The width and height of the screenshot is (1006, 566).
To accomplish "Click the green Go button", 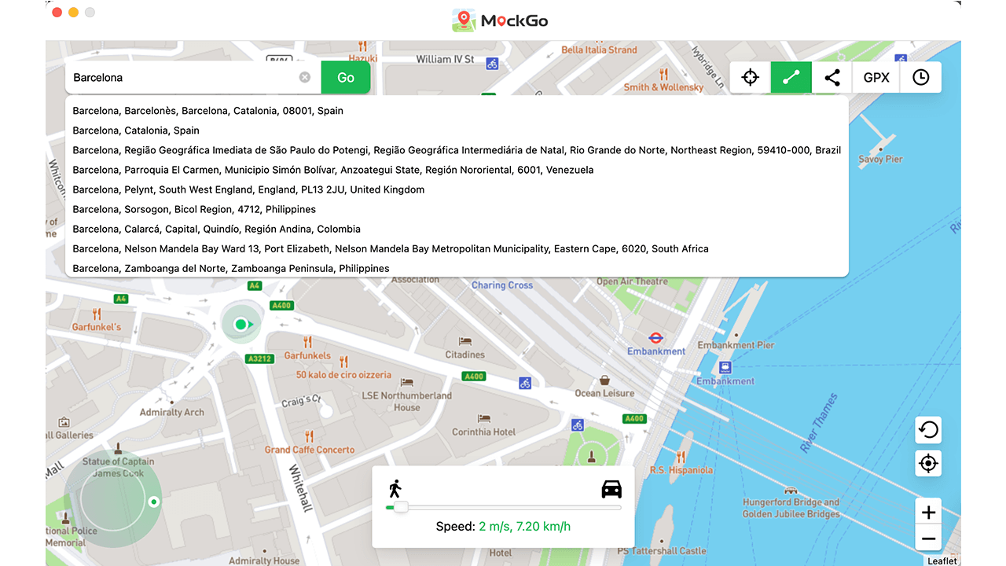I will [x=346, y=78].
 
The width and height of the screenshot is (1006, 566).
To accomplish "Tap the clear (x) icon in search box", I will [x=305, y=78].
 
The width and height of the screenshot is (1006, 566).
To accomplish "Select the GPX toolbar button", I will [x=876, y=78].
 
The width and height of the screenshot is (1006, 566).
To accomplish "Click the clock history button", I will [x=920, y=78].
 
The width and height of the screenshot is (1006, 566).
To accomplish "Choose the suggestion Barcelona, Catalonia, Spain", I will [x=136, y=130].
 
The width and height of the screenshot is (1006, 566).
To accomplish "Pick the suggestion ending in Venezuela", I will [x=333, y=170].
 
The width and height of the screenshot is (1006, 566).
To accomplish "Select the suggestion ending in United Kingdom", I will [x=248, y=189].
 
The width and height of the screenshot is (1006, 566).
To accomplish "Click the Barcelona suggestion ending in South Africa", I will [x=391, y=248].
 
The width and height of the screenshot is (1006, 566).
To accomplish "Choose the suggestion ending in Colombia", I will [x=216, y=229].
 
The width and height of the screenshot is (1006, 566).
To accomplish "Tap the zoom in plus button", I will [x=928, y=513].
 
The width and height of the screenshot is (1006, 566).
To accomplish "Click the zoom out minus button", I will [x=928, y=539].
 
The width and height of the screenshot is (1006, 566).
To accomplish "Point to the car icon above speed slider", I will [x=611, y=490].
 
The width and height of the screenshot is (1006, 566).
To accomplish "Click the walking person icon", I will [x=395, y=489].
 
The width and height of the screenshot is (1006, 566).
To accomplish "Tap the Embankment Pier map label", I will [x=736, y=345].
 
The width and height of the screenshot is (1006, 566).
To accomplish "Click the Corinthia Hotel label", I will [x=483, y=432].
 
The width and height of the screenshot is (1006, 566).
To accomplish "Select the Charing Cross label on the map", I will [x=502, y=285].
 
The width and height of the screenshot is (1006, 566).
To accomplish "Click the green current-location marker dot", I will [x=240, y=324].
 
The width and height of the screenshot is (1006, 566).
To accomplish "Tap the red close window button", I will [x=57, y=13].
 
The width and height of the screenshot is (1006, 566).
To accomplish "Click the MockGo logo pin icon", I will [x=464, y=20].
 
